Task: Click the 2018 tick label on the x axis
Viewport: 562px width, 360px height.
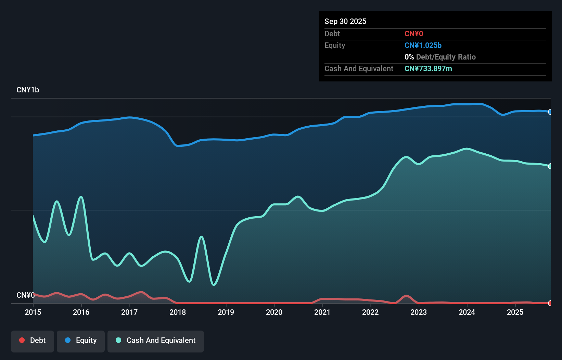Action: [178, 312]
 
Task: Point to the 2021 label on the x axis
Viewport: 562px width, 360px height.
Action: [322, 312]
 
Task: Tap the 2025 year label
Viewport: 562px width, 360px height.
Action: [515, 312]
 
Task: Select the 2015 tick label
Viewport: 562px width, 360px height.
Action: [33, 312]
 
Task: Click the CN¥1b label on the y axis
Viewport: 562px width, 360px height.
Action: [28, 90]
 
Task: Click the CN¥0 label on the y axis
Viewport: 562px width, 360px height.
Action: [25, 295]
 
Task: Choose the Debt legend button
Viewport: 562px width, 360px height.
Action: [33, 340]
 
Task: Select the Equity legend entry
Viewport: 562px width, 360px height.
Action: [81, 340]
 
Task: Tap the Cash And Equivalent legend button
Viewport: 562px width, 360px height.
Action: [156, 340]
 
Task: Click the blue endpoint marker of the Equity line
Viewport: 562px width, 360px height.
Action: [550, 112]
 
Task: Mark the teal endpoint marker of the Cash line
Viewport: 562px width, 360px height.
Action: [550, 166]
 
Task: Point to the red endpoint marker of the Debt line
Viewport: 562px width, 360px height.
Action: [550, 303]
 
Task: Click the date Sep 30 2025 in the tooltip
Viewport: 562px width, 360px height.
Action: [345, 21]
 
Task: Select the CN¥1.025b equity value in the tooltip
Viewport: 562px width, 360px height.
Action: [423, 45]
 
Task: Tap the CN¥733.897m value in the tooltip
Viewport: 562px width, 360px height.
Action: [428, 68]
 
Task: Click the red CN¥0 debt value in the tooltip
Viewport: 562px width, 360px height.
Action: [414, 34]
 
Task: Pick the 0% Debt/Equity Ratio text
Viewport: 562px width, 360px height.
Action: [440, 57]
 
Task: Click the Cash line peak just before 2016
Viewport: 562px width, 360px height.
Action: [81, 197]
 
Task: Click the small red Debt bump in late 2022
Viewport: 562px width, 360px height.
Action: [406, 296]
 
